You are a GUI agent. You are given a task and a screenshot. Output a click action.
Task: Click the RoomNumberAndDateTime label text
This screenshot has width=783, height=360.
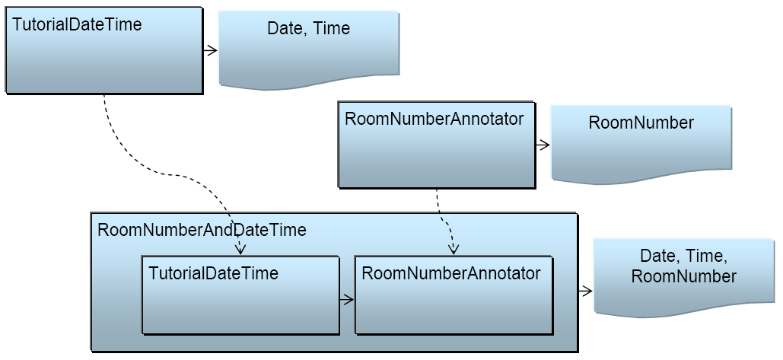click(x=202, y=230)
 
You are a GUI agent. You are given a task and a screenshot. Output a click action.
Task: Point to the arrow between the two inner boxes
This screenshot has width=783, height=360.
click(x=347, y=299)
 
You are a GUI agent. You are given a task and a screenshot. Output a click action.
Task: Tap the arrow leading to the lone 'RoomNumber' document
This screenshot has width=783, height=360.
click(x=542, y=143)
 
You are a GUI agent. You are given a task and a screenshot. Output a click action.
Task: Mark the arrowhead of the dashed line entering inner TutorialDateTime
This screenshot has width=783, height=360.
click(x=240, y=250)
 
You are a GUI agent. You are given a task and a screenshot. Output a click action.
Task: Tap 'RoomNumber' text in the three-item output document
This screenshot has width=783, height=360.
click(x=683, y=276)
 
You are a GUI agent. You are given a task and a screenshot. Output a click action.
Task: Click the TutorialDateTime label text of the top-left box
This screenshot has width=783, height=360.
click(x=77, y=24)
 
